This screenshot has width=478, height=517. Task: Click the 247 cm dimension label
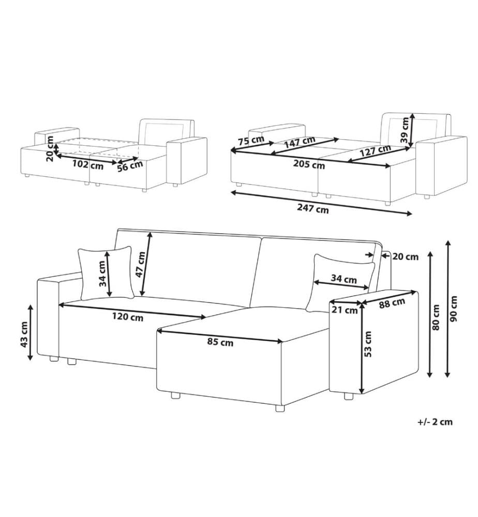tap(313, 208)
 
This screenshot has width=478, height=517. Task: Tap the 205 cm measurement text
tap(309, 164)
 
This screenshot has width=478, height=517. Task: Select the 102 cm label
tap(88, 164)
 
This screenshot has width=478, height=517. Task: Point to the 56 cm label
tap(130, 166)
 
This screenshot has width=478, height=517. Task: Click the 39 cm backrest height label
tap(405, 129)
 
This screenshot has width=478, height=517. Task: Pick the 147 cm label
tap(300, 142)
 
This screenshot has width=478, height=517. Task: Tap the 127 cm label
tap(375, 150)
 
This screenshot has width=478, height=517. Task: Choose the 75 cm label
tap(251, 140)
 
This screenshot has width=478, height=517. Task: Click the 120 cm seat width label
tap(128, 317)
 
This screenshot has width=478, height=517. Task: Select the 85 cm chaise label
tap(220, 342)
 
